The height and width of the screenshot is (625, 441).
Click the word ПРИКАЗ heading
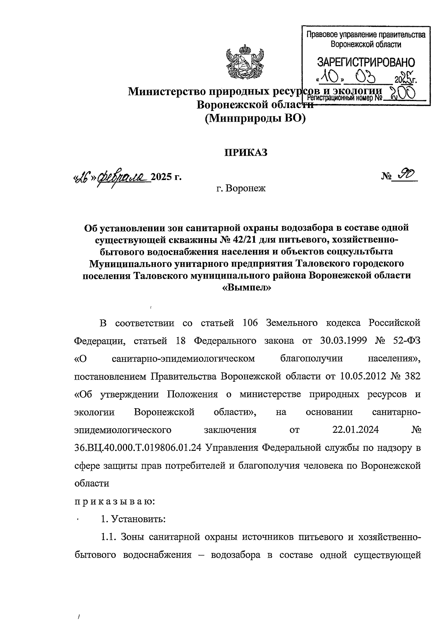246,152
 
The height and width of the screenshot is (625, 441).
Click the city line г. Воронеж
241,189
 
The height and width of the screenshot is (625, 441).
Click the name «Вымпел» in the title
246,288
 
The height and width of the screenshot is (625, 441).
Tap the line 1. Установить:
133,519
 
